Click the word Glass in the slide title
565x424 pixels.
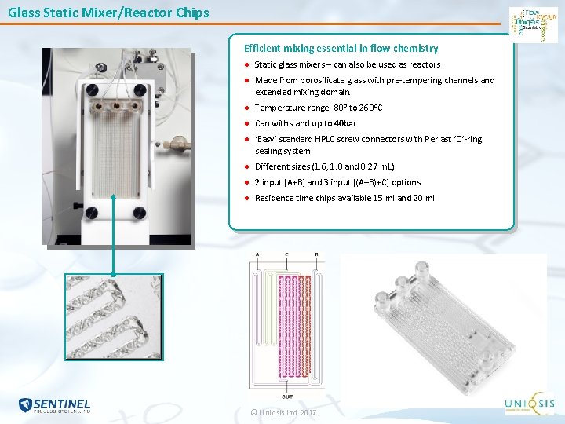tap(24, 13)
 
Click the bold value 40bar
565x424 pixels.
tap(345, 123)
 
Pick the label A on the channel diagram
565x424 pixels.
tap(258, 254)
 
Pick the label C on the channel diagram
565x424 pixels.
tap(286, 254)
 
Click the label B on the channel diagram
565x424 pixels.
tap(315, 254)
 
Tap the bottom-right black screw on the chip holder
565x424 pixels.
tap(140, 211)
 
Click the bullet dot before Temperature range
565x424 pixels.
tap(246, 108)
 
